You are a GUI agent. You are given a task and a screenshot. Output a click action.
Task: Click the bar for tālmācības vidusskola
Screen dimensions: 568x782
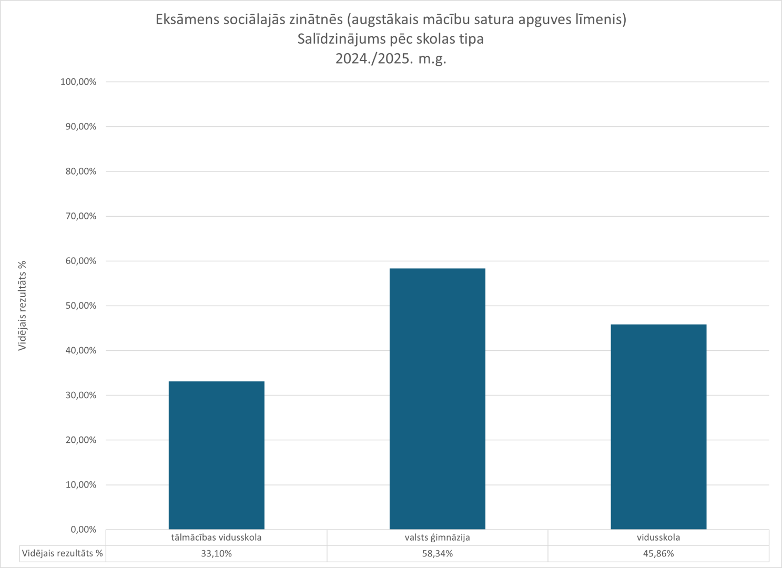(216, 455)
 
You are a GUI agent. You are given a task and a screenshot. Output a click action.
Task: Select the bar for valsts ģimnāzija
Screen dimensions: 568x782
(437, 399)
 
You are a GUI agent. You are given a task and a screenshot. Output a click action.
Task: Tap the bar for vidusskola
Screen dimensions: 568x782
(658, 427)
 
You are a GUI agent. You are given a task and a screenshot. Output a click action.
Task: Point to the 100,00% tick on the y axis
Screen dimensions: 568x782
(78, 82)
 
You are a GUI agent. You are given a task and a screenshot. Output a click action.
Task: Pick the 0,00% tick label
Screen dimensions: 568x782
(84, 530)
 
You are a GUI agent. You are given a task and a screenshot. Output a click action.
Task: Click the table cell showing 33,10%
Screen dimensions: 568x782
(216, 553)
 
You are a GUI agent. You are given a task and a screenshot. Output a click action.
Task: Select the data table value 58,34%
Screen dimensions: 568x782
(437, 553)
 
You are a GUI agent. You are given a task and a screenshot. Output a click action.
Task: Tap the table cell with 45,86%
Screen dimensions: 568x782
(658, 553)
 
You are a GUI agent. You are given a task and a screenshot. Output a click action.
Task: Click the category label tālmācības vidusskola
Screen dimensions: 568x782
(216, 537)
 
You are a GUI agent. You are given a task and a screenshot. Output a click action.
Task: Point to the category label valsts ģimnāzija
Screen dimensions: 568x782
(437, 537)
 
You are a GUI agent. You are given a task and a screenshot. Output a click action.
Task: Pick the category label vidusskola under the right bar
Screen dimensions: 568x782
(658, 537)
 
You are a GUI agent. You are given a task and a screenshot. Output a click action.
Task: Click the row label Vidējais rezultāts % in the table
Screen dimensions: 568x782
(63, 553)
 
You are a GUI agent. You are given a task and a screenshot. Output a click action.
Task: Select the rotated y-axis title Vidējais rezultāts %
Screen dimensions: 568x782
(22, 306)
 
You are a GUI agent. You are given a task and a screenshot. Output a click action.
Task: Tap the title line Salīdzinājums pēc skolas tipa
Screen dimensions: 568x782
(391, 39)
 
